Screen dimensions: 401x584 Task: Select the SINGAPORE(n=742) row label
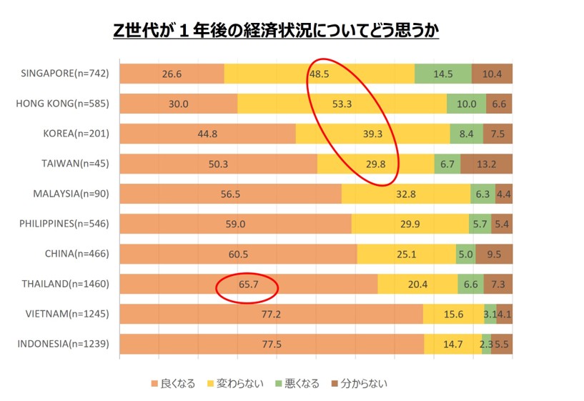(x=65, y=74)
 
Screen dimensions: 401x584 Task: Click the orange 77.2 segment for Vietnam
(x=271, y=314)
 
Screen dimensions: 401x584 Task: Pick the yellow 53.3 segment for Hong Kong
(x=342, y=104)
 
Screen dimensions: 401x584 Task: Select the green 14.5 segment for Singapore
(x=443, y=74)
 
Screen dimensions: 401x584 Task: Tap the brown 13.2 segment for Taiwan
(x=487, y=164)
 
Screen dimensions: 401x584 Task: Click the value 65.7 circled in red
(x=247, y=284)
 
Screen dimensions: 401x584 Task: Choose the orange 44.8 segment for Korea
(x=207, y=134)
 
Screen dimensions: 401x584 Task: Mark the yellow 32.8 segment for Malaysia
(x=405, y=194)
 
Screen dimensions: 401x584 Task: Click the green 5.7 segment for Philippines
(x=479, y=224)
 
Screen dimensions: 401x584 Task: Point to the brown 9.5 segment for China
(x=494, y=254)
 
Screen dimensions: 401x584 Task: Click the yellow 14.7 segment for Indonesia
(x=452, y=344)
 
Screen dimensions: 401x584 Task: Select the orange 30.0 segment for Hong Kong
(x=178, y=104)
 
